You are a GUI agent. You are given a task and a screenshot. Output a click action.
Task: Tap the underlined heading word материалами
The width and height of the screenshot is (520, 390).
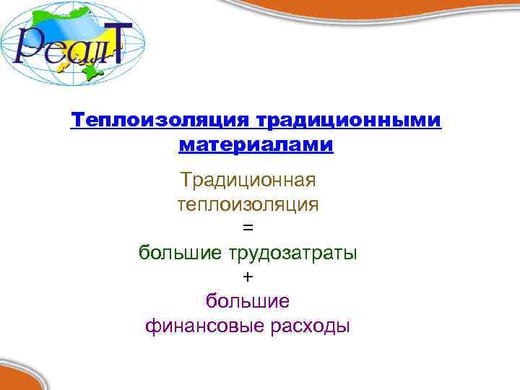tap(256, 145)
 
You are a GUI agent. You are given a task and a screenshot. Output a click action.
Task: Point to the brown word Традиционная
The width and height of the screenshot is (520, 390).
tap(248, 178)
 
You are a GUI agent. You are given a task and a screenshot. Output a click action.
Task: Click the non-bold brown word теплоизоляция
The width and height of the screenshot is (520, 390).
tap(248, 204)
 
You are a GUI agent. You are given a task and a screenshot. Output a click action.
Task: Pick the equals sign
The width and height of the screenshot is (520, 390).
tap(248, 227)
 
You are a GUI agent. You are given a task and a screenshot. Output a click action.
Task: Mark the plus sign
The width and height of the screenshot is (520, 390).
tap(248, 277)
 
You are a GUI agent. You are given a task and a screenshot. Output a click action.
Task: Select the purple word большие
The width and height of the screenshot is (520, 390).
tap(248, 300)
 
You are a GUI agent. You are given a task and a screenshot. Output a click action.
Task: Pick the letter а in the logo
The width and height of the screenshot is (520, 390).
tap(72, 54)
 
